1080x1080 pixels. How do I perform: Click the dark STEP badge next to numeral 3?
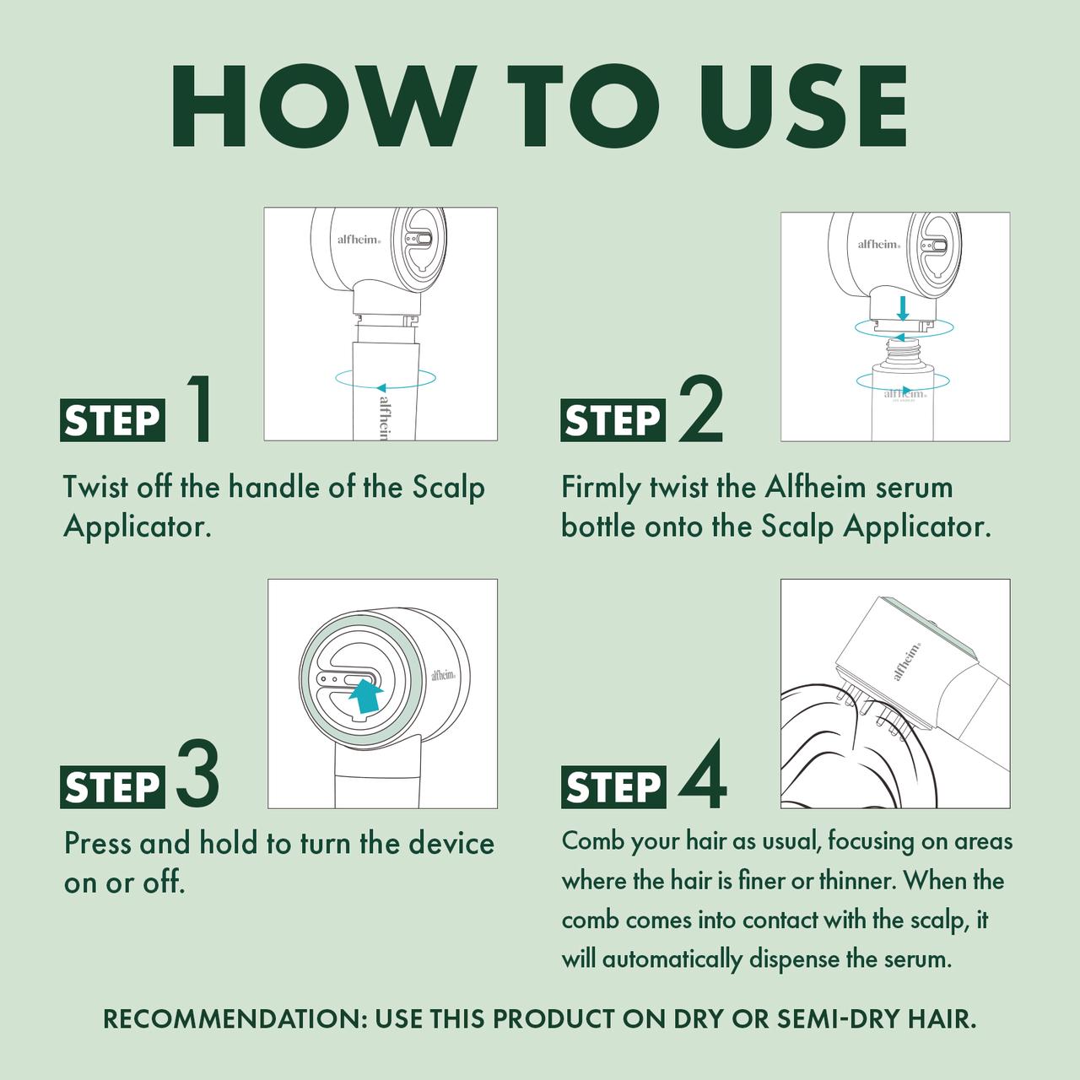pyautogui.click(x=113, y=787)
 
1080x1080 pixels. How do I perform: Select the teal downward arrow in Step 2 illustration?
pyautogui.click(x=902, y=308)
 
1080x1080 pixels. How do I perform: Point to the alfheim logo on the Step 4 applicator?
pyautogui.click(x=906, y=661)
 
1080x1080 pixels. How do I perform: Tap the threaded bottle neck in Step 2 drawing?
pyautogui.click(x=902, y=353)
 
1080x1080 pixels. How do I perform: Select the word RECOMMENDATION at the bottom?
pyautogui.click(x=235, y=1019)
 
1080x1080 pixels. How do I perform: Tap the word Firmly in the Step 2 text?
pyautogui.click(x=601, y=488)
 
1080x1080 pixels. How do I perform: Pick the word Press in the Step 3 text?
pyautogui.click(x=98, y=844)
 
